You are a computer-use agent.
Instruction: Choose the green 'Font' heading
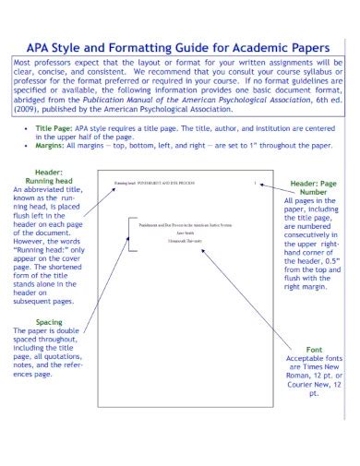[313, 351]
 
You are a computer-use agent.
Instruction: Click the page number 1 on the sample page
[255, 184]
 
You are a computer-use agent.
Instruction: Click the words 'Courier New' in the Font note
[313, 385]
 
